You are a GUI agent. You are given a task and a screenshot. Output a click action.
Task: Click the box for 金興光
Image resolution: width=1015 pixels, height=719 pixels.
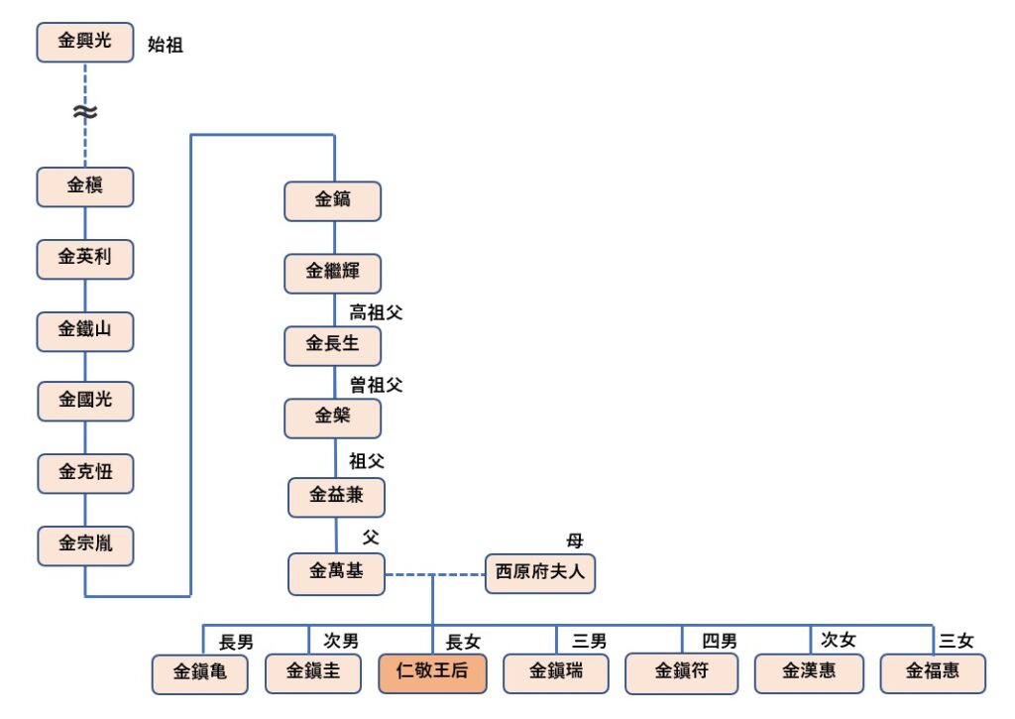(84, 42)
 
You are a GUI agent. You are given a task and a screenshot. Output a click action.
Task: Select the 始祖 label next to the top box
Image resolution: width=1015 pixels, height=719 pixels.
(166, 45)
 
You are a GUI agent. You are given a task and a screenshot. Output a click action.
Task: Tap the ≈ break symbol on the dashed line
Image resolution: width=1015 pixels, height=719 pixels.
(84, 113)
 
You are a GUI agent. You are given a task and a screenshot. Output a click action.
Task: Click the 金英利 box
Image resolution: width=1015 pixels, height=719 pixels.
(84, 258)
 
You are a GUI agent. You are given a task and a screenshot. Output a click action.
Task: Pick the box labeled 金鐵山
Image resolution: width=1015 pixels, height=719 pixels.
(84, 330)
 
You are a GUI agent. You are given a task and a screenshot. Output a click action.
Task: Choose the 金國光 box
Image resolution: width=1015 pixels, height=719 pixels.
(84, 402)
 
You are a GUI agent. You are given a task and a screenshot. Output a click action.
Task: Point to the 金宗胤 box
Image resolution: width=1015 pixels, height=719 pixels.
(84, 544)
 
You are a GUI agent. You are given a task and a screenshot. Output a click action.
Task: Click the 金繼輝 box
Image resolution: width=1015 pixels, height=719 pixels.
(332, 273)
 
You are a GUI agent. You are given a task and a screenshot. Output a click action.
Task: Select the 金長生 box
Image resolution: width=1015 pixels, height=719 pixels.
(332, 345)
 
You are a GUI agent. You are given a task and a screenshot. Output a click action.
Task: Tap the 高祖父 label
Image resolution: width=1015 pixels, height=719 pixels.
(376, 313)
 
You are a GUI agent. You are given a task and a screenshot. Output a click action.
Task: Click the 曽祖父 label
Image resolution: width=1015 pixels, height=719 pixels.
(376, 385)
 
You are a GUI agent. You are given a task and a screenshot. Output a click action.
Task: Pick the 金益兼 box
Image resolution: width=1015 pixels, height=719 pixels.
(336, 496)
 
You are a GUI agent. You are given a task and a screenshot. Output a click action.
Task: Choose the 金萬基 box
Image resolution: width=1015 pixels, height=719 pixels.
(336, 573)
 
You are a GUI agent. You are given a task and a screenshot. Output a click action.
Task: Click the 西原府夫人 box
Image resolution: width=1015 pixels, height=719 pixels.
(540, 573)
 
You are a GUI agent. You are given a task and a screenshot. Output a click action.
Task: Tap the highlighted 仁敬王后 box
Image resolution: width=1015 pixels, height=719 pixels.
(432, 672)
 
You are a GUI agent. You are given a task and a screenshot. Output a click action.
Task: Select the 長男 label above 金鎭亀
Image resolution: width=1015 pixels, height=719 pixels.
(236, 642)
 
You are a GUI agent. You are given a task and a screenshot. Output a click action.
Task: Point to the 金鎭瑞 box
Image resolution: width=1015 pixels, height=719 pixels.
(556, 672)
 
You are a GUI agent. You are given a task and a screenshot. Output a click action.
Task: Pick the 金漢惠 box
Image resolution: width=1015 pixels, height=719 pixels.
(808, 672)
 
